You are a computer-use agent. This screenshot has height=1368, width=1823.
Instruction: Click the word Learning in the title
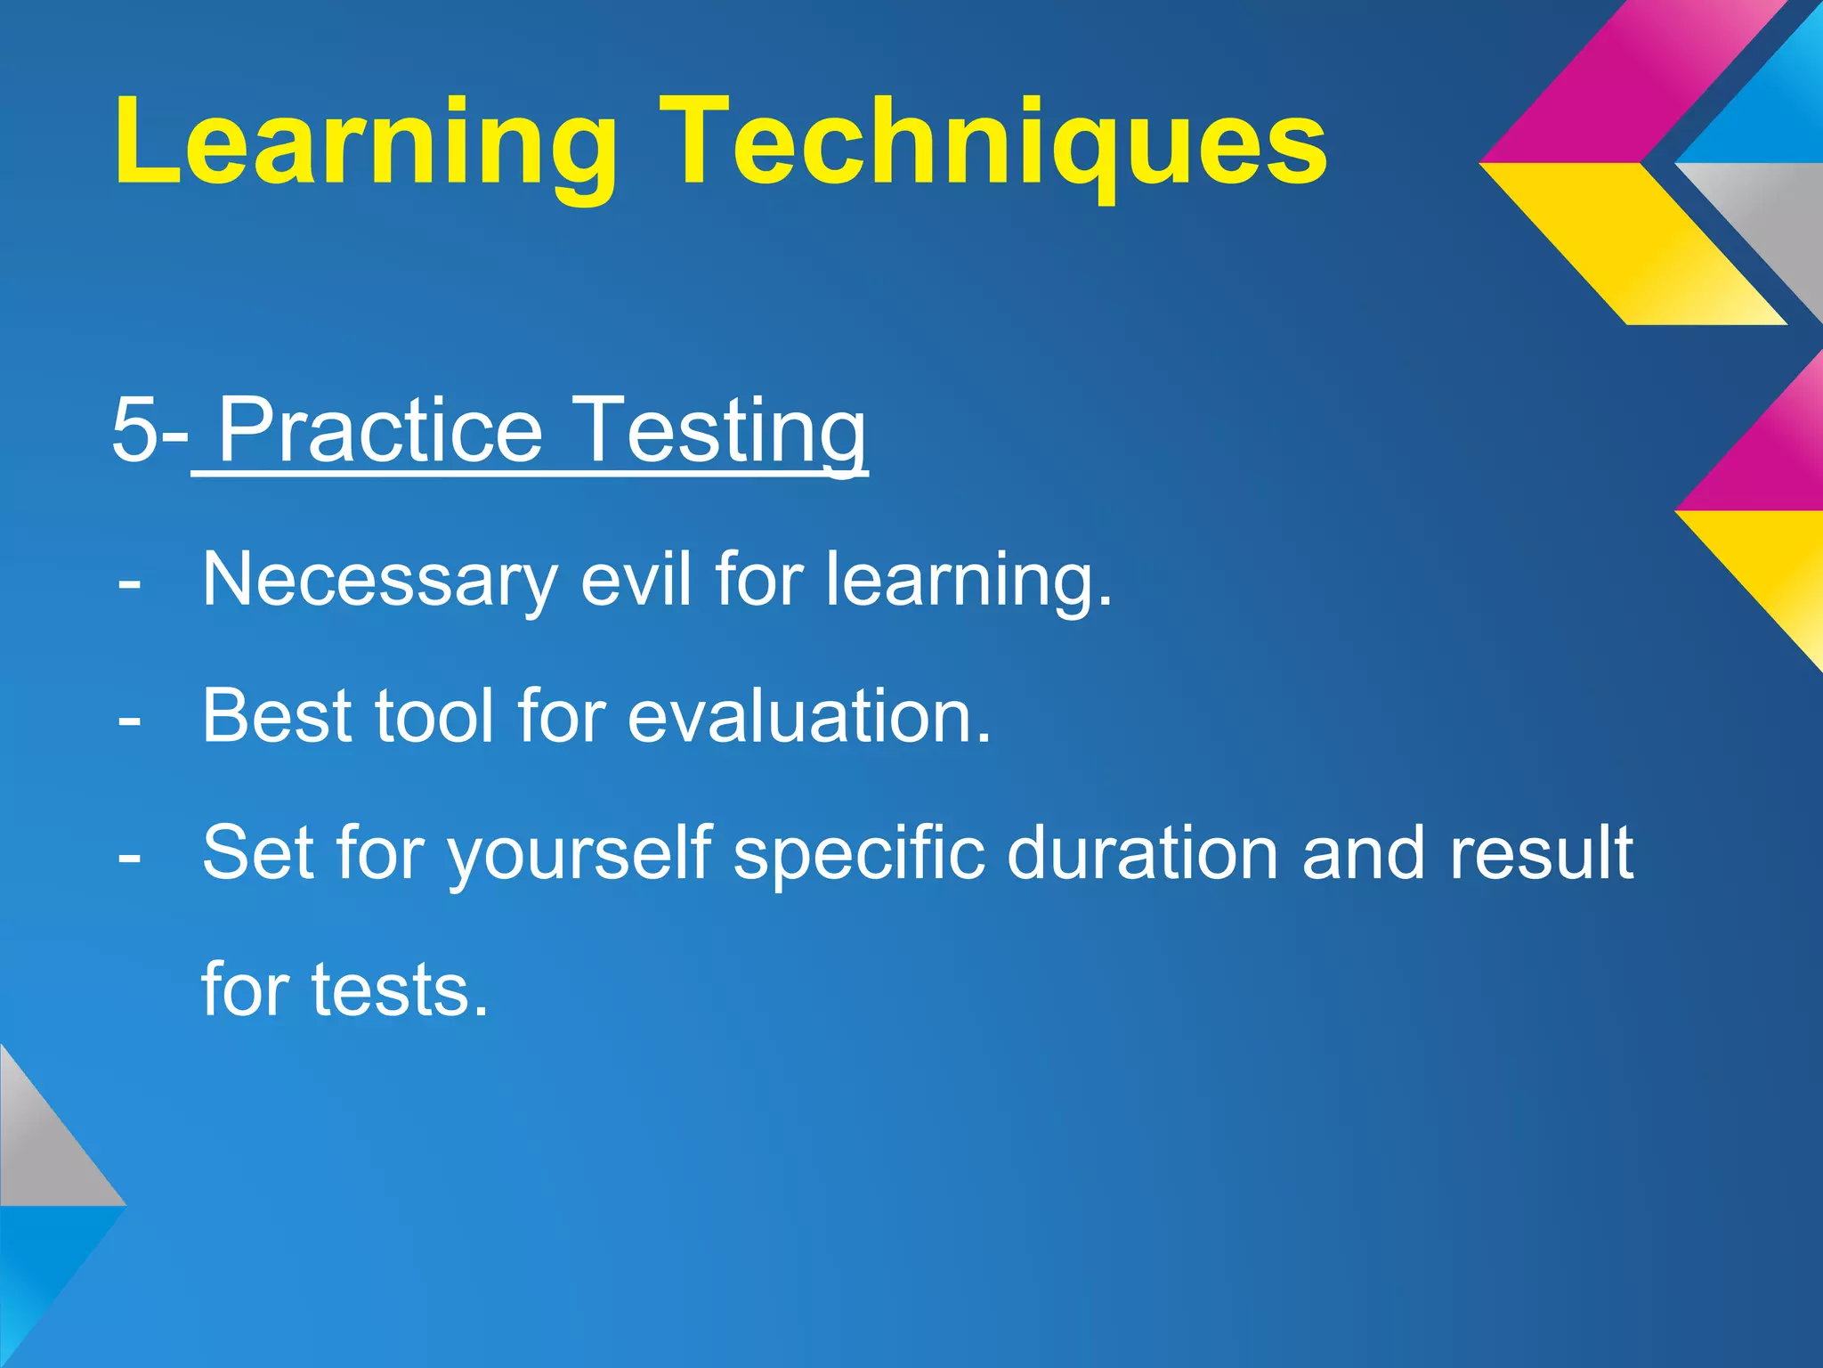(365, 142)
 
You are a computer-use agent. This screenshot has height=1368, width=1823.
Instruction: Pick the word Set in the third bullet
(257, 852)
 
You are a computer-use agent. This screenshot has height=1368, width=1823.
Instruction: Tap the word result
(1541, 852)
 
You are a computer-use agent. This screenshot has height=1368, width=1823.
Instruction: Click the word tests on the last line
(400, 989)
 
